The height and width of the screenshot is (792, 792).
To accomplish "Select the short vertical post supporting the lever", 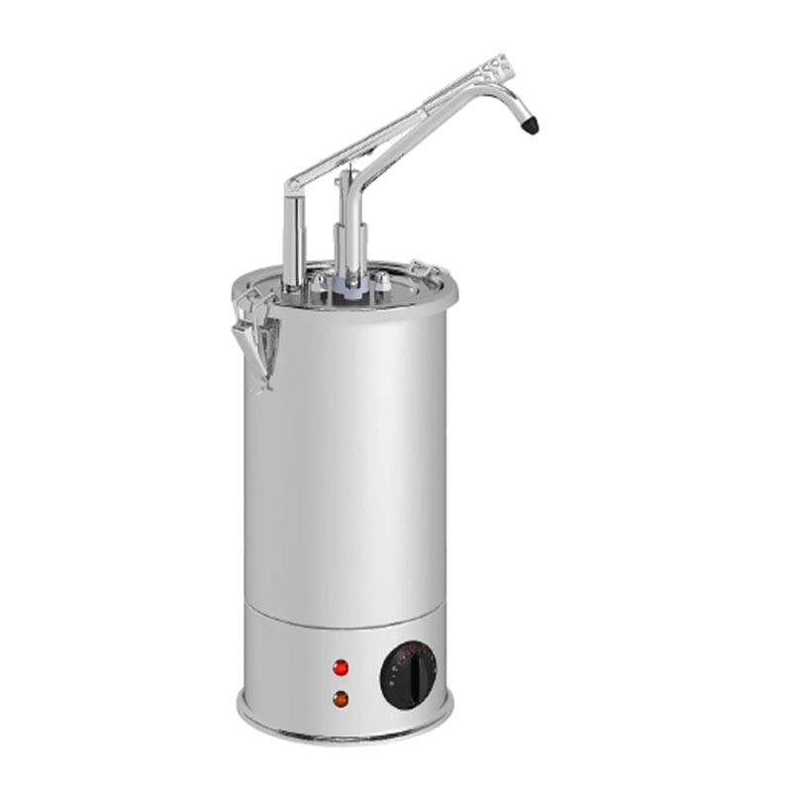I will [x=294, y=238].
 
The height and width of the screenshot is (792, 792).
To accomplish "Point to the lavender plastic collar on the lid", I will [x=353, y=283].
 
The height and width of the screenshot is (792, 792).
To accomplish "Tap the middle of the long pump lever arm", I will [x=396, y=129].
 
